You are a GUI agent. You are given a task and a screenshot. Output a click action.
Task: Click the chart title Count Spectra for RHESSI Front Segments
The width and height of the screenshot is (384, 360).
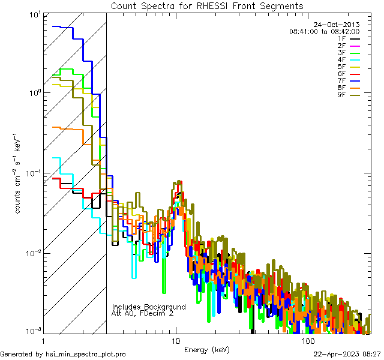pyautogui.click(x=207, y=6)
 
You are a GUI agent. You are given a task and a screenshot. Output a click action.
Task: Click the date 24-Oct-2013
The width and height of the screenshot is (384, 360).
pyautogui.click(x=337, y=25)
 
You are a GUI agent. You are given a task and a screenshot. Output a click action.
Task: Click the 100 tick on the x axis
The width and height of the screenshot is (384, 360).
pyautogui.click(x=307, y=340)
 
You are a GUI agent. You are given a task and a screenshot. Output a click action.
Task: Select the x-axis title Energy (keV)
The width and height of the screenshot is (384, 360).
pyautogui.click(x=207, y=349)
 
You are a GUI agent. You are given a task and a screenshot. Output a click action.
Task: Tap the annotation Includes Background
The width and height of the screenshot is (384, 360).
pyautogui.click(x=149, y=307)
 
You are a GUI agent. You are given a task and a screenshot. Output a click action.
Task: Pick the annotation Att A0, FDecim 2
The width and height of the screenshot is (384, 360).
pyautogui.click(x=143, y=313)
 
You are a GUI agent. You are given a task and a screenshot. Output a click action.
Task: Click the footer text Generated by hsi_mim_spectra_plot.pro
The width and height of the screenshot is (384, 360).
pyautogui.click(x=63, y=354)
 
